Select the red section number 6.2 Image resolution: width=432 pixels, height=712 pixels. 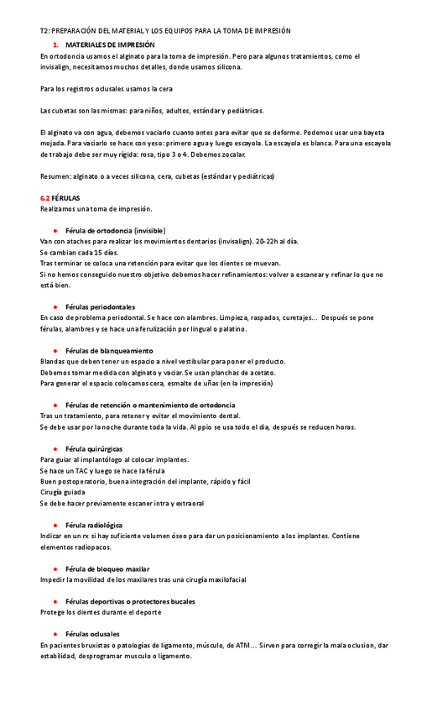[x=45, y=197]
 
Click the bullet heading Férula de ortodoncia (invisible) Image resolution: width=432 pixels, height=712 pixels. [x=115, y=230]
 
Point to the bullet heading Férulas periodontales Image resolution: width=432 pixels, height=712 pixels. [x=100, y=306]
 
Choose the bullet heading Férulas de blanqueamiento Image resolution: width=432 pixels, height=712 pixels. [x=109, y=350]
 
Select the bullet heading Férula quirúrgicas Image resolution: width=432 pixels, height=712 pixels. [x=94, y=448]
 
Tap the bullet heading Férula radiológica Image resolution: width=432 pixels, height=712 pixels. [x=93, y=525]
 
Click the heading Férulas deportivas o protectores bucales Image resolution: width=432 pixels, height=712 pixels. [x=130, y=601]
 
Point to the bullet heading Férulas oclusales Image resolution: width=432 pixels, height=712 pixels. [x=92, y=634]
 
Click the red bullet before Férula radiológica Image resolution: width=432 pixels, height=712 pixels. [x=55, y=525]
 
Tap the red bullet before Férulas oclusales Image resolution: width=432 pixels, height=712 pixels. [x=55, y=634]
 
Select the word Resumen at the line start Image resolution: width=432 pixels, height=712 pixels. [x=55, y=175]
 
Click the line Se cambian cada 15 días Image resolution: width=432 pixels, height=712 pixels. [x=79, y=252]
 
